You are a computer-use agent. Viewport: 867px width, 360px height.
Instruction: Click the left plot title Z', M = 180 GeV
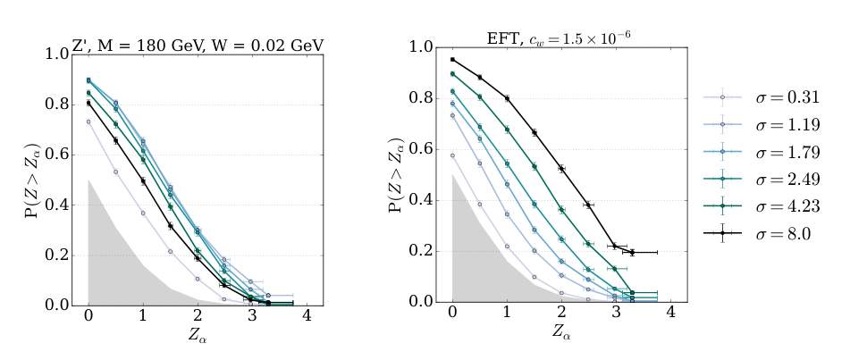click(x=198, y=45)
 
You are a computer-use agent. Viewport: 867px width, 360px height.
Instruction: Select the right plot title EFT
click(x=560, y=38)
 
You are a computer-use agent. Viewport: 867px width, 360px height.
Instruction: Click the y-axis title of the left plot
click(x=30, y=179)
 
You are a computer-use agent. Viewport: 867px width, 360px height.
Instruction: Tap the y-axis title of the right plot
click(x=395, y=174)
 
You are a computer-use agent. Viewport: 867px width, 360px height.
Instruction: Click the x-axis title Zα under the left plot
click(x=198, y=339)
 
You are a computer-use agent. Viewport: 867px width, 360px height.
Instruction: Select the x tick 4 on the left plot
click(x=307, y=318)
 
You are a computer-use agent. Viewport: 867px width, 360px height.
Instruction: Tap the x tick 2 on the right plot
click(x=561, y=314)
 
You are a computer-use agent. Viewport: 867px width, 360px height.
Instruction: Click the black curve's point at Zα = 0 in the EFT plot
click(x=452, y=60)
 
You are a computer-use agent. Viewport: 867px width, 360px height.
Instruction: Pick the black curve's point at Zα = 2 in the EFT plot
click(x=561, y=168)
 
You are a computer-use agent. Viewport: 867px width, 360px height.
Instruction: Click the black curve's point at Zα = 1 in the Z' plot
click(x=143, y=180)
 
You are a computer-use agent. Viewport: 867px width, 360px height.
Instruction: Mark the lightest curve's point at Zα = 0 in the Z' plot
click(x=88, y=121)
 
